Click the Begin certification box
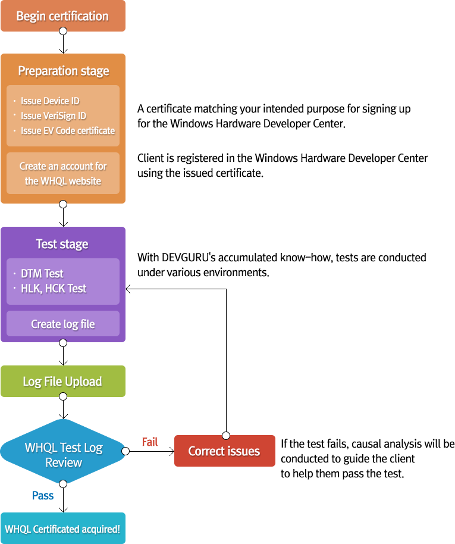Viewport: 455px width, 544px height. [x=62, y=16]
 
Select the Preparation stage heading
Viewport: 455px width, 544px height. [x=63, y=71]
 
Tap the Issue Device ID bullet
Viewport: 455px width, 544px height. [x=50, y=101]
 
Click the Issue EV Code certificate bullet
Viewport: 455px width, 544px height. [x=67, y=130]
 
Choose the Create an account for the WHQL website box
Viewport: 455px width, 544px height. [x=63, y=173]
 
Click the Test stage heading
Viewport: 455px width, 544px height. [x=62, y=244]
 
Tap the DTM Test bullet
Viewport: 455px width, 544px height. [x=42, y=274]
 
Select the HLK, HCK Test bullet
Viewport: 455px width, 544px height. [x=54, y=289]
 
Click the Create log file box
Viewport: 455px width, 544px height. [x=63, y=324]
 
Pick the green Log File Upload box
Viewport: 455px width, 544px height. [x=62, y=382]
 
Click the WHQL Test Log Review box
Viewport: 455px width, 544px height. [x=63, y=455]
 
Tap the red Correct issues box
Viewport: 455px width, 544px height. [x=224, y=451]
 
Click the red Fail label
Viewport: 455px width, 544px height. [x=149, y=442]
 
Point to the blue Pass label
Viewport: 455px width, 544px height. [x=43, y=496]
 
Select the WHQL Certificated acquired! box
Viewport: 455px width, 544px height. [x=62, y=529]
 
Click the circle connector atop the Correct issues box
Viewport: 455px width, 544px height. [x=225, y=435]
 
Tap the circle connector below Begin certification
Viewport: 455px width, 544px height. [x=63, y=31]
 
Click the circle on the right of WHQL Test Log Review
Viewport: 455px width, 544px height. [x=125, y=451]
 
